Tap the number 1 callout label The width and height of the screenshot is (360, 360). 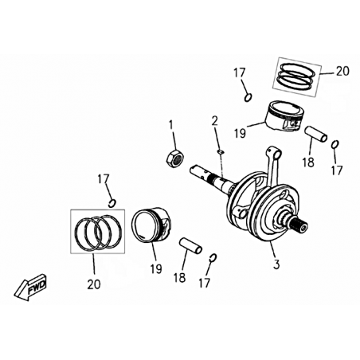point(171,125)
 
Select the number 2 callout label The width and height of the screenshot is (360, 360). point(214,121)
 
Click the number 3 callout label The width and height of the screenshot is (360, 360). point(276,264)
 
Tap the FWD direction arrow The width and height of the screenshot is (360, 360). point(30,288)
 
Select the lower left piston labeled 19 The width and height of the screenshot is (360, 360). point(151,225)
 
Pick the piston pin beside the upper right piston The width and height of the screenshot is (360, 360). point(316,135)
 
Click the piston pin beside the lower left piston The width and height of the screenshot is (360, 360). point(190,246)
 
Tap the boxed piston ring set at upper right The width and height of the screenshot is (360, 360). point(297,77)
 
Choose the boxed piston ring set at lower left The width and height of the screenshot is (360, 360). point(97,231)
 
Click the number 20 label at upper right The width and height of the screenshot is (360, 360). point(342,71)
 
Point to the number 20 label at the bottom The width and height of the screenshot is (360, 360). point(94,284)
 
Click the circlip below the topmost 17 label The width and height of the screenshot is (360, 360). point(248,97)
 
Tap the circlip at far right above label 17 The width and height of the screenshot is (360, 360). point(335,144)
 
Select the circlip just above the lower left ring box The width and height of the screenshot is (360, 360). point(112,203)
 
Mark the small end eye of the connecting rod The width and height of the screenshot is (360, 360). point(276,152)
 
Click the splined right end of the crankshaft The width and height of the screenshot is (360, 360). point(300,225)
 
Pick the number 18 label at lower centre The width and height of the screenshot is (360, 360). point(180,278)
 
